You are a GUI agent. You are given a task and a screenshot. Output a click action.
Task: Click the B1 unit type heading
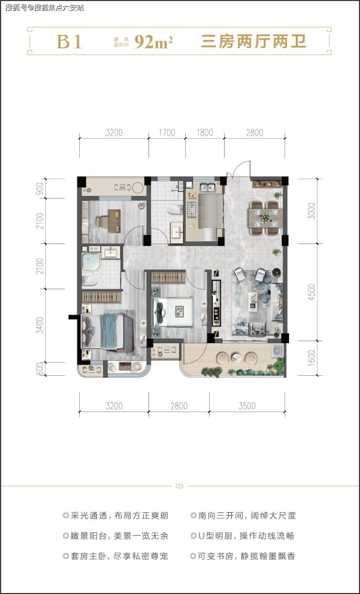[x=69, y=42]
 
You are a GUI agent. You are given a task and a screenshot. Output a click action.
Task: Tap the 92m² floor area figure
[x=153, y=42]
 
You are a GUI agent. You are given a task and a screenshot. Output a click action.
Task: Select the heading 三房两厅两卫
[x=253, y=42]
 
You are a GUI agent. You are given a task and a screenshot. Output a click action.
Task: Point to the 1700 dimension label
[x=167, y=132]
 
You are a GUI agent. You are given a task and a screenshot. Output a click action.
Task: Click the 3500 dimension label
[x=247, y=406]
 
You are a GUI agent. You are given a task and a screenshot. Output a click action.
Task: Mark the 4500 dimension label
[x=311, y=292]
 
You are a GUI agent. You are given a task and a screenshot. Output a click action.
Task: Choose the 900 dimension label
[x=39, y=188]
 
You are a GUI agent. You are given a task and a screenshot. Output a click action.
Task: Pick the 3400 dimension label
[x=39, y=325]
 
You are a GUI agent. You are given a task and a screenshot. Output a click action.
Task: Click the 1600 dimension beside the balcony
[x=311, y=358]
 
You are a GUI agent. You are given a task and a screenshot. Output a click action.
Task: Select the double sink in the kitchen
[x=207, y=187]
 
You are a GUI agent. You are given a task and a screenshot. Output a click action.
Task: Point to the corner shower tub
[x=91, y=262]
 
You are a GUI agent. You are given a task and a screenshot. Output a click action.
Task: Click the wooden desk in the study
[x=115, y=221]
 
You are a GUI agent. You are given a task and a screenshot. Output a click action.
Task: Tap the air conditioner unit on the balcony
[x=277, y=351]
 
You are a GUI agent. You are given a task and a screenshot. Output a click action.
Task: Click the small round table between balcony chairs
[x=236, y=357]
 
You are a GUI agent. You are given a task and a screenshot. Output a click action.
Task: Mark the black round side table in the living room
[x=277, y=273]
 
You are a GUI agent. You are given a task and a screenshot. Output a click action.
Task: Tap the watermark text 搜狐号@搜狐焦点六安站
[x=44, y=7]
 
